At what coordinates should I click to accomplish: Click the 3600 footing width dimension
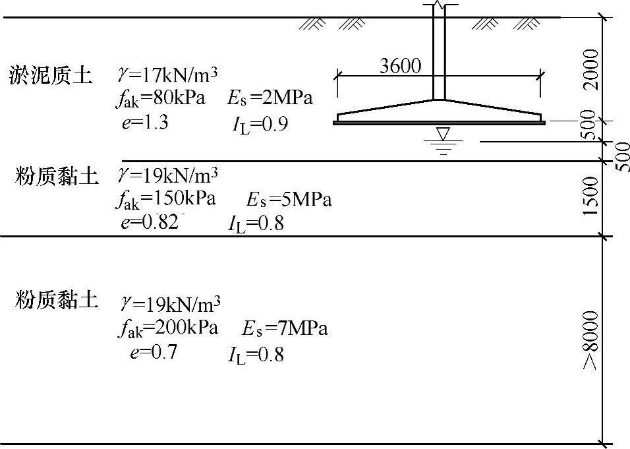click(x=401, y=66)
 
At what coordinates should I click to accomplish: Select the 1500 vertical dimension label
click(x=591, y=195)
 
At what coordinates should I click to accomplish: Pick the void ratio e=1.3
click(x=145, y=122)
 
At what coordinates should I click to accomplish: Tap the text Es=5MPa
click(x=289, y=199)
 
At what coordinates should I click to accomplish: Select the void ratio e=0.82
click(x=150, y=222)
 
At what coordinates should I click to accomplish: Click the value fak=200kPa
click(x=168, y=328)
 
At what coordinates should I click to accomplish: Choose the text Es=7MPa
click(x=285, y=328)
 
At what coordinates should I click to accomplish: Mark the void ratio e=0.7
click(x=154, y=352)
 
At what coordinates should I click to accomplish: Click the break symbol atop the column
click(x=439, y=6)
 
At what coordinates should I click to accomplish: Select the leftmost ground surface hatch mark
click(x=312, y=24)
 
